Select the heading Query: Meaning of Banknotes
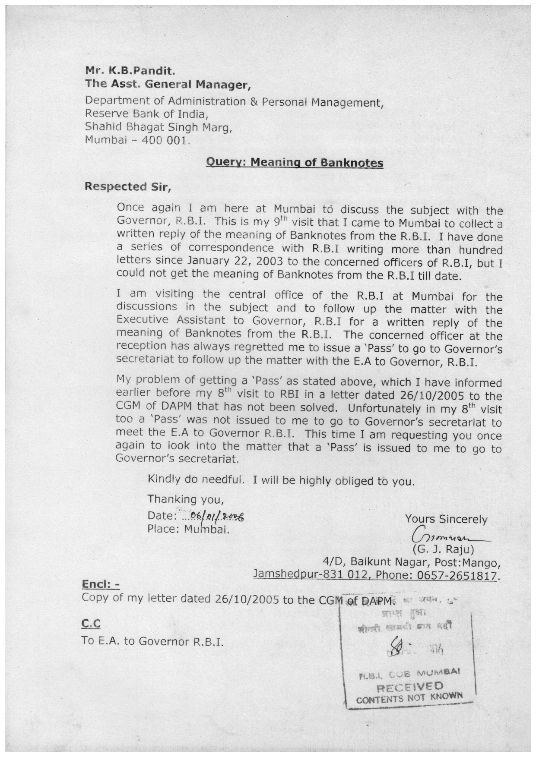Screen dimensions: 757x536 pos(295,162)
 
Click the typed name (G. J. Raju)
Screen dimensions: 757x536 pos(444,550)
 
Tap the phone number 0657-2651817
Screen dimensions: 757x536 pos(458,575)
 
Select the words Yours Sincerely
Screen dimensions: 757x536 pos(446,519)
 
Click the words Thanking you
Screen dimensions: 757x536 pos(186,499)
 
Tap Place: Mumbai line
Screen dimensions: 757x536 pos(188,529)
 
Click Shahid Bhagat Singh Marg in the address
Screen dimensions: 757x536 pos(159,127)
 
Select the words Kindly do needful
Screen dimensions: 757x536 pos(197,479)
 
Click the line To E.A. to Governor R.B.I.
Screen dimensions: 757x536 pos(152,641)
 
